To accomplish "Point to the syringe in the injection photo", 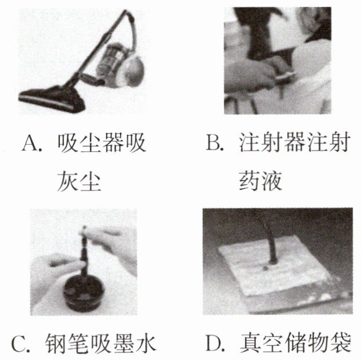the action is click(280, 74).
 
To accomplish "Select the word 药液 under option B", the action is click(260, 181).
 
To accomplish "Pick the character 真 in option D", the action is click(250, 343).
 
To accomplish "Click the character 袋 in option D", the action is click(340, 343).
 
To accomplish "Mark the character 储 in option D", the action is click(295, 343).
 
